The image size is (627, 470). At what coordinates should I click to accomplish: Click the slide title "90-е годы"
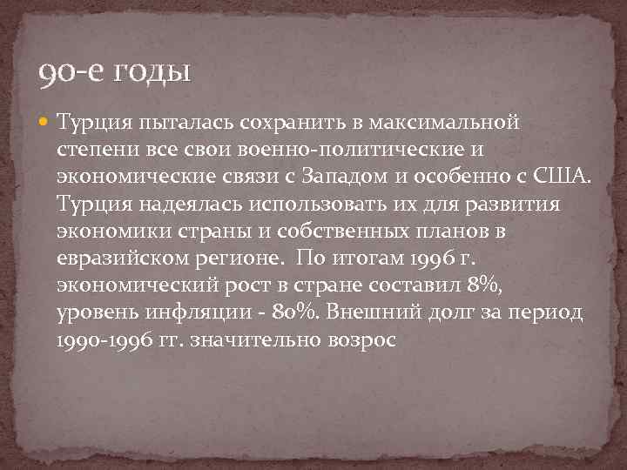pyautogui.click(x=114, y=70)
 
